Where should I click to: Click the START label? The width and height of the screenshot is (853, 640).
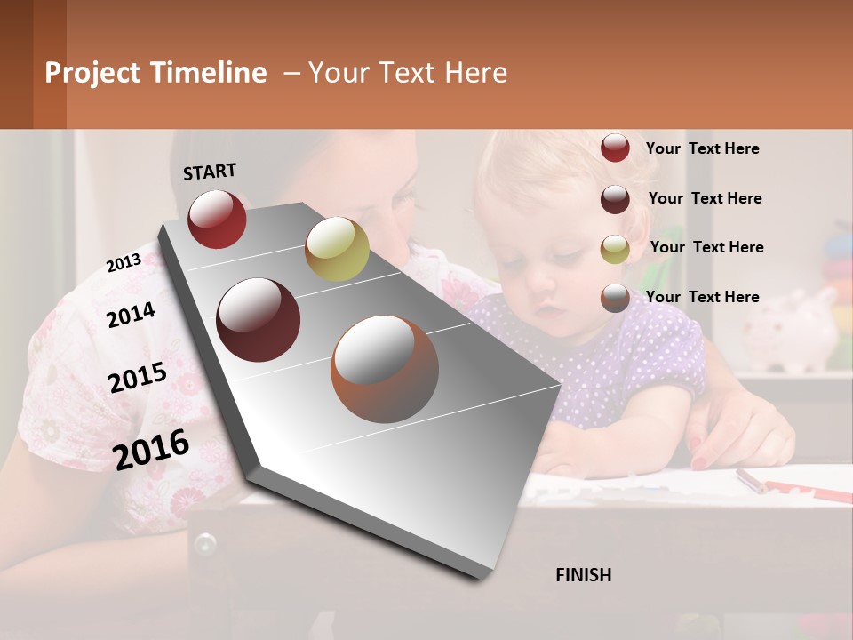(x=210, y=172)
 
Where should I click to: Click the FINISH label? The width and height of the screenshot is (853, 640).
(x=583, y=575)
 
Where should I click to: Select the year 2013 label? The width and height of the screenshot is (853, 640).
(x=124, y=262)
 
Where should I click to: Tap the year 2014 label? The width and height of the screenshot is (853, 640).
(x=131, y=314)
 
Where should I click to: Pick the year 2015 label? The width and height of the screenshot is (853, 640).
(x=138, y=377)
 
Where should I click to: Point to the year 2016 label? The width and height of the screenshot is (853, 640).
(x=151, y=449)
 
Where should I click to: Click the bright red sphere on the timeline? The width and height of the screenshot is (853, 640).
(x=217, y=219)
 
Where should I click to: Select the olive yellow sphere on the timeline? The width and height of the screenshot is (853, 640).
(x=337, y=248)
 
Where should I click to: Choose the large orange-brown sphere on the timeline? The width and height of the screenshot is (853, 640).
(x=385, y=369)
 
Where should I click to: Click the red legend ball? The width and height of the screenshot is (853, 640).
(x=615, y=148)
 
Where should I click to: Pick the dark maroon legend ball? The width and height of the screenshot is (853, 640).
(x=615, y=199)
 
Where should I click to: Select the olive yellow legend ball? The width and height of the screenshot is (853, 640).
(x=615, y=249)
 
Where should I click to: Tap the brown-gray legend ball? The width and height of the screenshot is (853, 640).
(x=615, y=298)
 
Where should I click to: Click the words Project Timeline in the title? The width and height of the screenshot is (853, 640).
(x=155, y=73)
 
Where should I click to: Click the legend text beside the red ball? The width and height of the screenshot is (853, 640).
(x=702, y=148)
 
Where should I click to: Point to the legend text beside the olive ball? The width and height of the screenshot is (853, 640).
(x=706, y=247)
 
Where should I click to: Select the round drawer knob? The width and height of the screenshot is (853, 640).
(x=205, y=542)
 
